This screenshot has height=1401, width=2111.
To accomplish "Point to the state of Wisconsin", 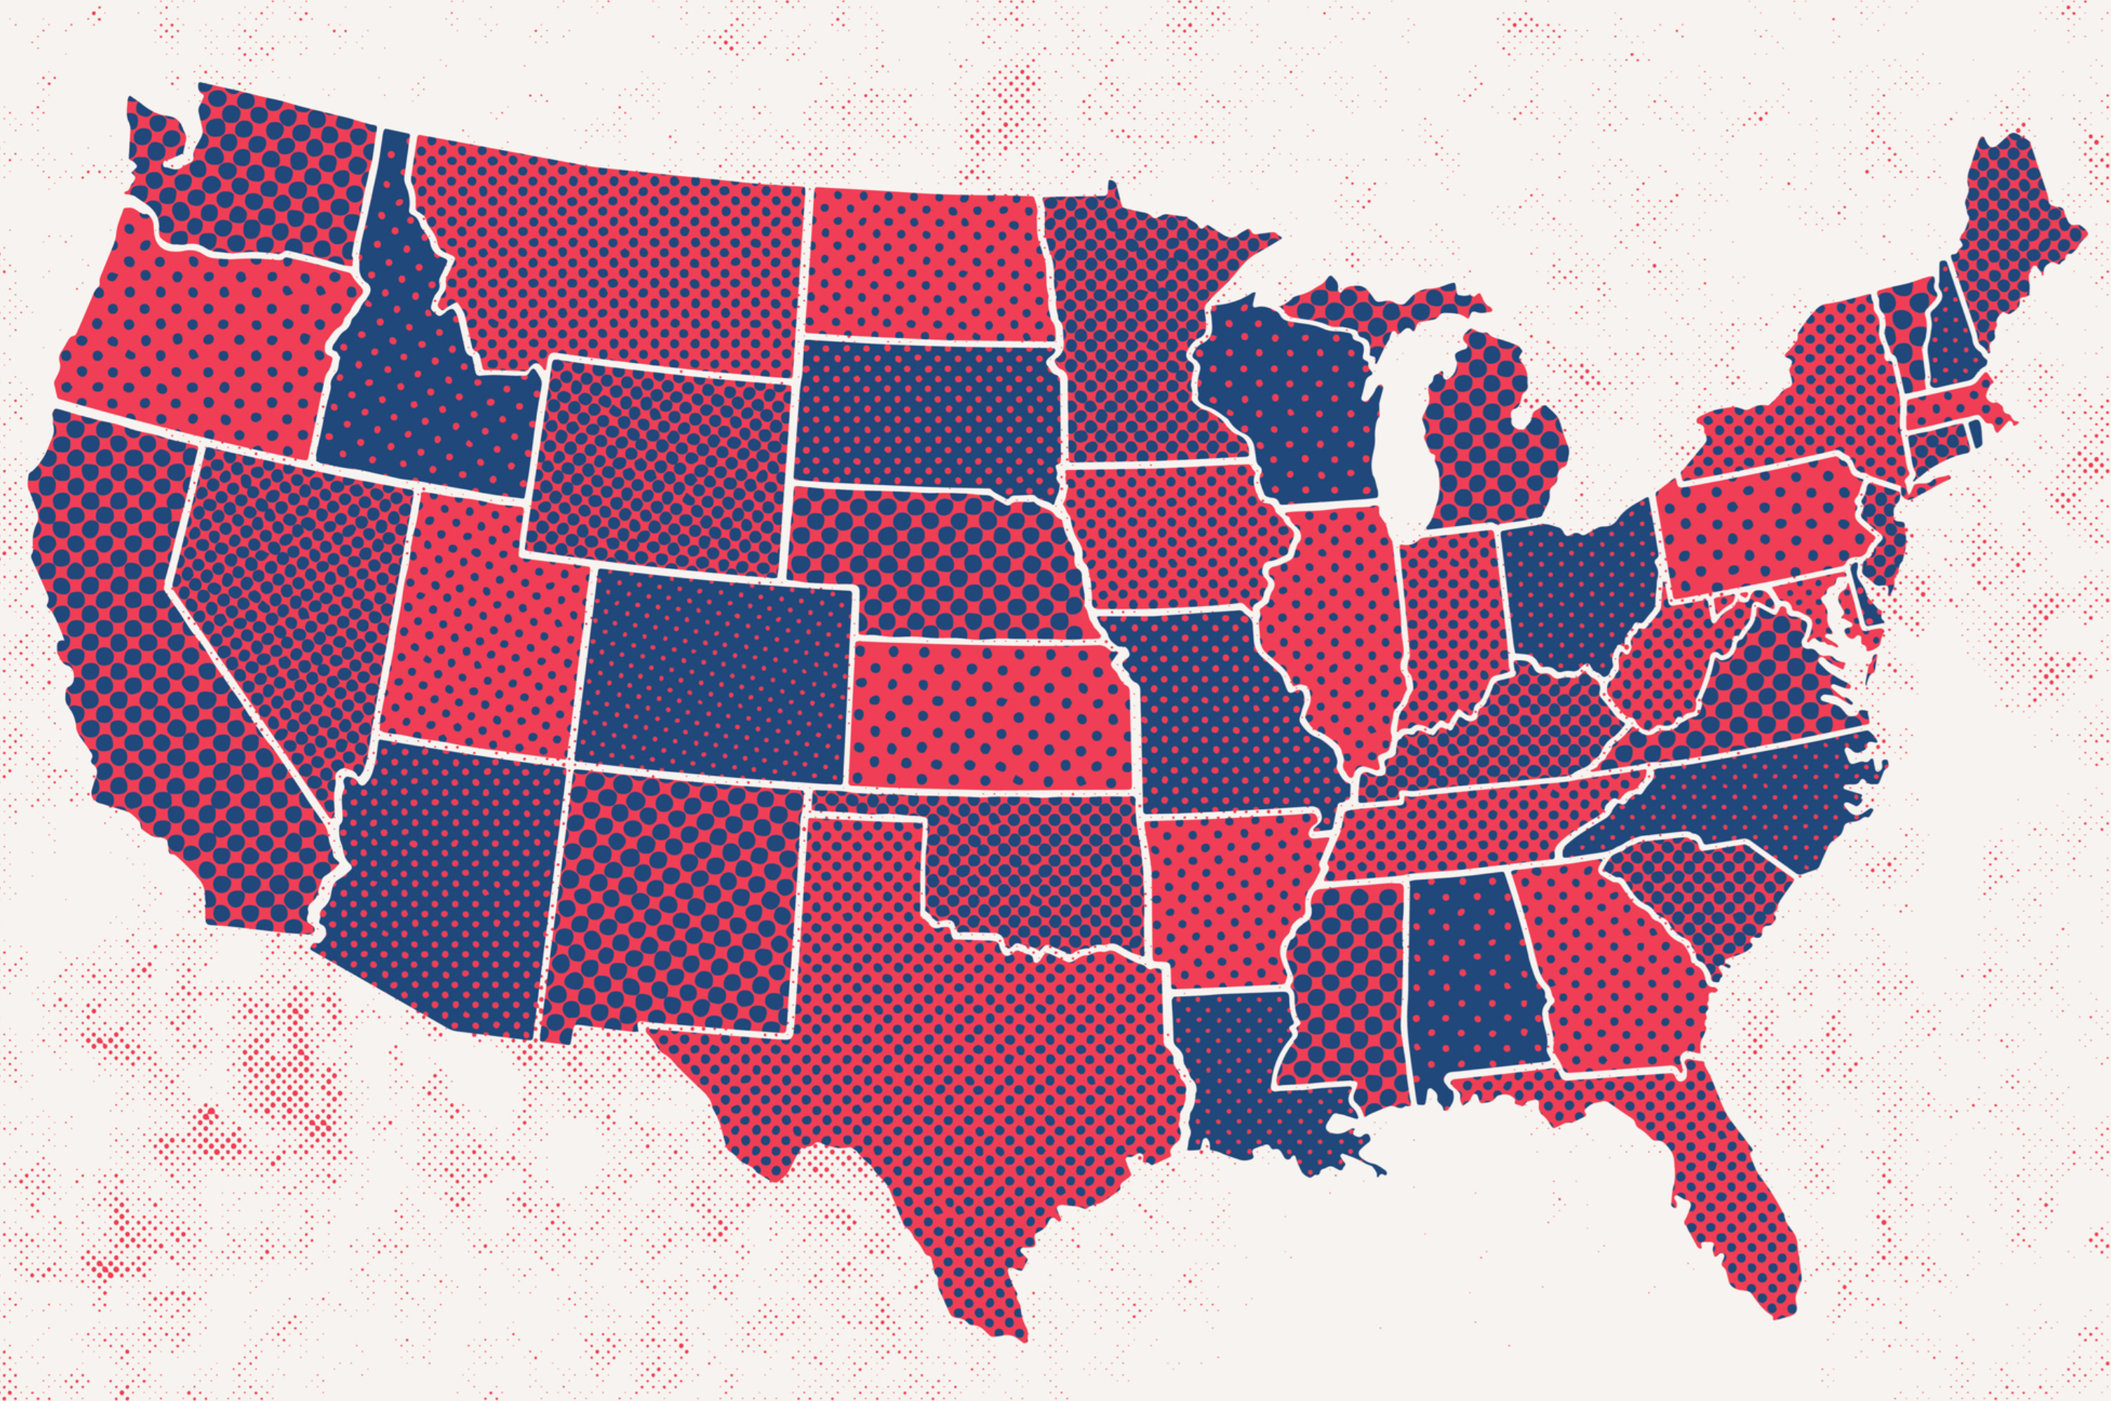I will click(x=1296, y=393).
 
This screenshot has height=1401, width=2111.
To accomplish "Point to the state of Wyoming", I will click(x=662, y=464).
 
